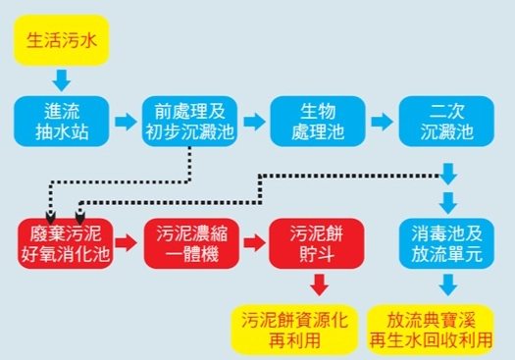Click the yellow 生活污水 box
61,41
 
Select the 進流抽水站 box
61,121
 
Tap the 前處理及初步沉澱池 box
188,121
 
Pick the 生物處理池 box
312,121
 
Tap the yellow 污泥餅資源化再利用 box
294,329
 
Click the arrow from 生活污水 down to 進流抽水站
61,78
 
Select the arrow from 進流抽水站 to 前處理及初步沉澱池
125,122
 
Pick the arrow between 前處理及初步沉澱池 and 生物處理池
252,122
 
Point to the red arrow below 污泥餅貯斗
317,285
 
